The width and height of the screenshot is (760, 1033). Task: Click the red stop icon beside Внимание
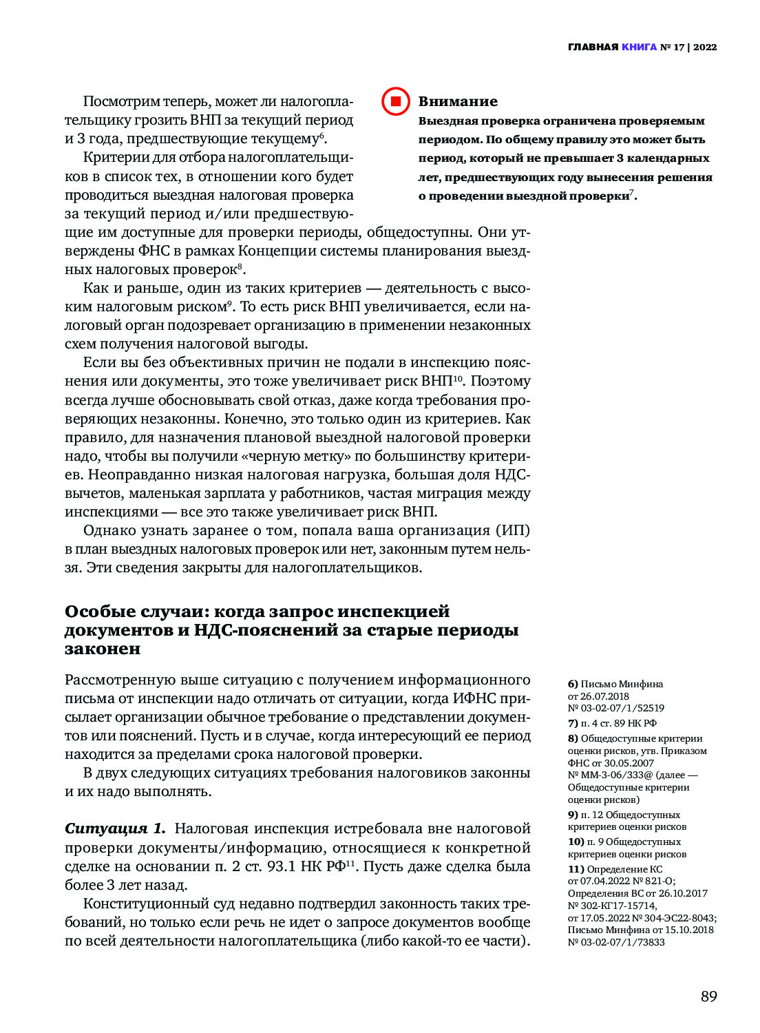(396, 102)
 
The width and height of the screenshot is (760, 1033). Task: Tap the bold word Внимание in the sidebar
(458, 102)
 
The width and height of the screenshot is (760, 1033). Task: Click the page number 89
(708, 997)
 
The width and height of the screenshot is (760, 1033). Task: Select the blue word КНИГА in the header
(639, 48)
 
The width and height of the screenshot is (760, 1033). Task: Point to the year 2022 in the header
(705, 48)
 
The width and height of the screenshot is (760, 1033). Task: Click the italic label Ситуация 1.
(116, 828)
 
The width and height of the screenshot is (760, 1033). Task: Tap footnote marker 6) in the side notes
(573, 684)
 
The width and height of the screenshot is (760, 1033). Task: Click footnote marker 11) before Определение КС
(576, 869)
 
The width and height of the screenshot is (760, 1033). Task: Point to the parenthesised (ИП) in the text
(512, 530)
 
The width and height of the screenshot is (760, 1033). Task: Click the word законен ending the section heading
(103, 649)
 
